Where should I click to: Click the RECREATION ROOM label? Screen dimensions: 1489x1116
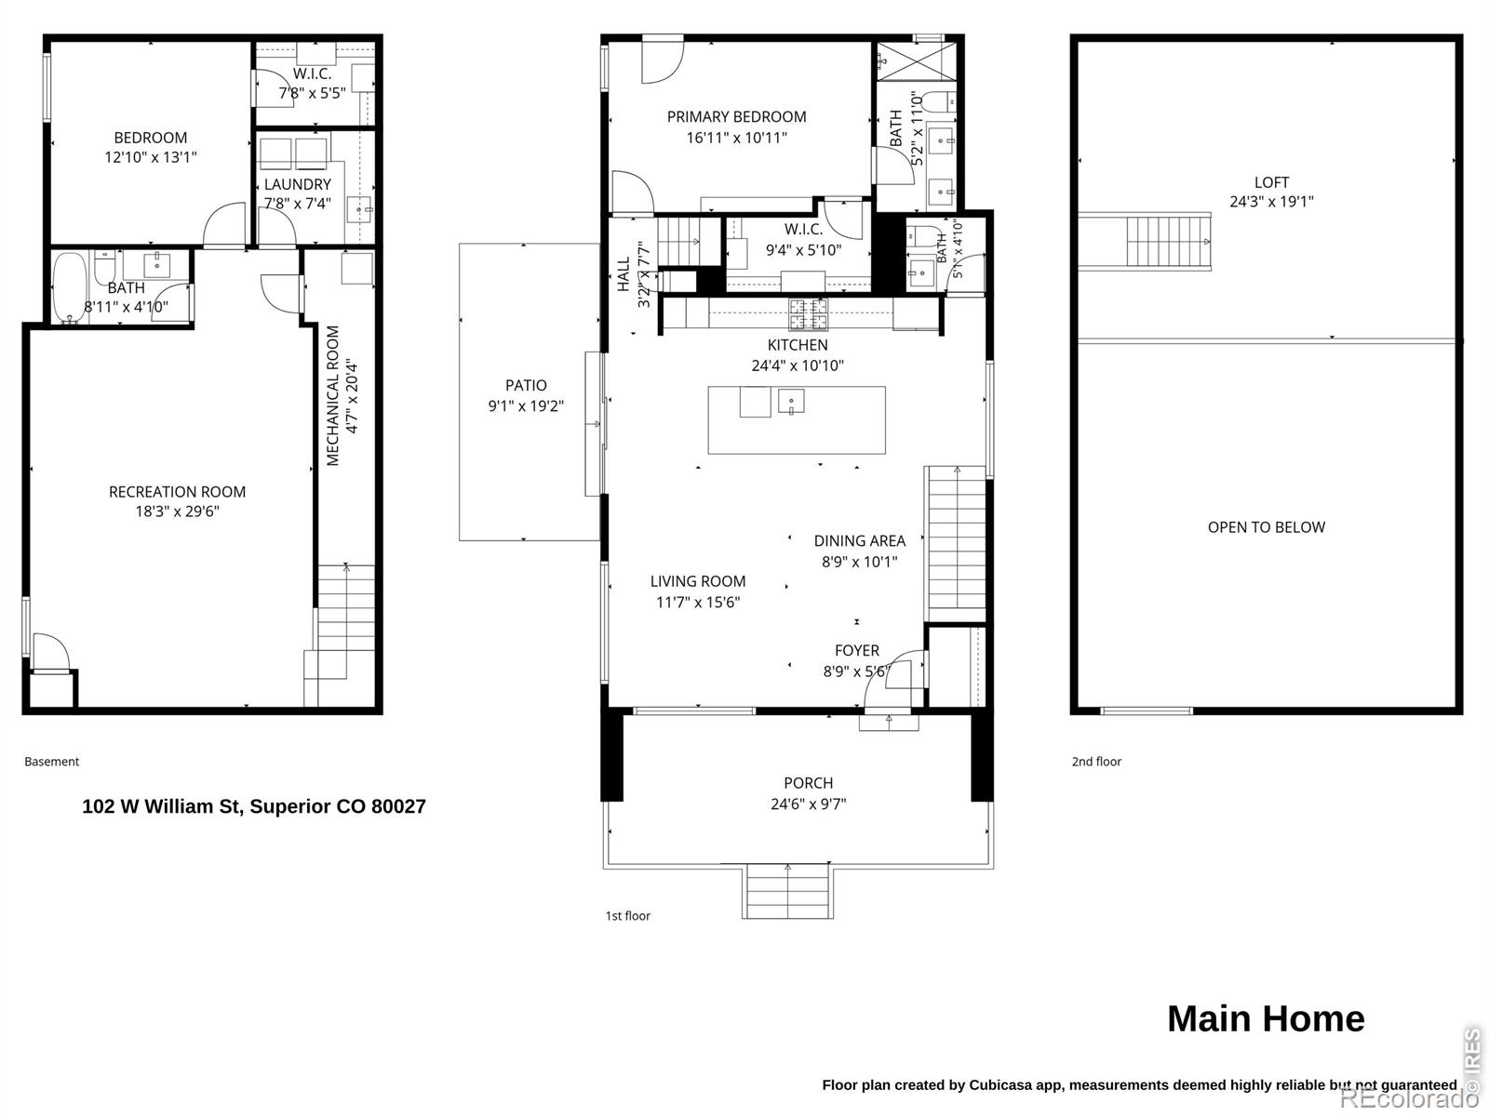[177, 491]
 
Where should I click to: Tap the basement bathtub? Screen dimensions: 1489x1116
[70, 286]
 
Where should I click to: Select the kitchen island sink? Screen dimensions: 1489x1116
[791, 401]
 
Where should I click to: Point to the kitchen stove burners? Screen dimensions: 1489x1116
[808, 313]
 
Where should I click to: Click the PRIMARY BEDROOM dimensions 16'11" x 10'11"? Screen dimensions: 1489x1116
[737, 138]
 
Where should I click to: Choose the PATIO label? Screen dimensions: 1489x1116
[526, 385]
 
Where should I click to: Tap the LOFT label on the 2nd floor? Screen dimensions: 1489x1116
[1271, 181]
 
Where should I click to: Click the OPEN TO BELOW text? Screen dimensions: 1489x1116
[1266, 526]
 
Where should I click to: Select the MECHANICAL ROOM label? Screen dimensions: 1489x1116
[332, 396]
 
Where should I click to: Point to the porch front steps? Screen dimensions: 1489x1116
[787, 891]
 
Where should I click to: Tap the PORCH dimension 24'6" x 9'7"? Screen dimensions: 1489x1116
[808, 804]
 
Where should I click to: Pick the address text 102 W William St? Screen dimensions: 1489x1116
[163, 806]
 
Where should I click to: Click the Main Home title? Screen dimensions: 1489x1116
[1266, 1018]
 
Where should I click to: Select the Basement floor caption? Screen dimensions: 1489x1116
[51, 761]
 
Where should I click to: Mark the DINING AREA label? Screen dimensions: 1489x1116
[860, 540]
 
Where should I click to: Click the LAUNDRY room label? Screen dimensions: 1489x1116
[297, 183]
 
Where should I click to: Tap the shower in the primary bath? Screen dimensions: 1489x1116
[917, 61]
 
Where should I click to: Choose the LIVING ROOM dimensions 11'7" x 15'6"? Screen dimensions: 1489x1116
[698, 602]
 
